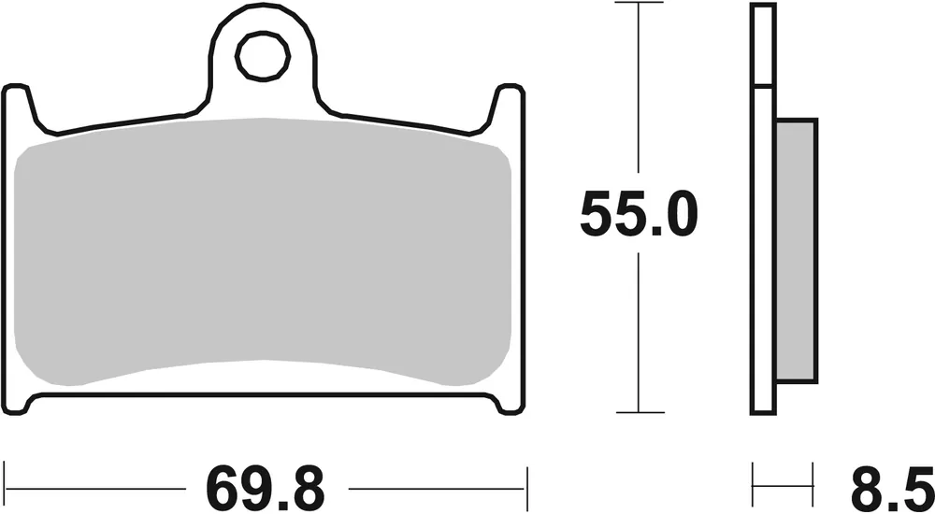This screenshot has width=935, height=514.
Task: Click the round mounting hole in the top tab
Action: coord(256,59)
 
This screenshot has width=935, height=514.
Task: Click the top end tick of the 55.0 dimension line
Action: coord(639,4)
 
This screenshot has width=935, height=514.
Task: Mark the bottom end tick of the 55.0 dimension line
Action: coord(639,412)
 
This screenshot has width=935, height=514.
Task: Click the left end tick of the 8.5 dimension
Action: coord(754,487)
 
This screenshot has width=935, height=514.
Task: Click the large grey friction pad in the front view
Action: coord(265,252)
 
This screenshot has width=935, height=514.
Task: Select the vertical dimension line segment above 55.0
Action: coord(639,93)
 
